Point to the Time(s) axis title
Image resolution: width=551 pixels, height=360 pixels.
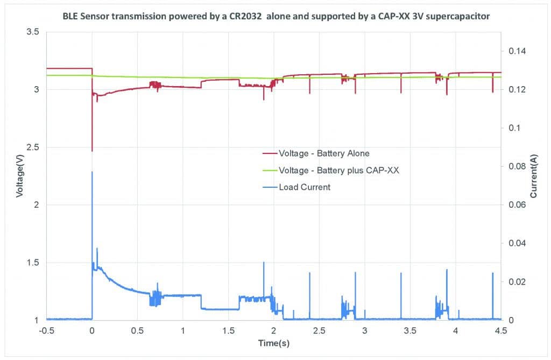point(274,343)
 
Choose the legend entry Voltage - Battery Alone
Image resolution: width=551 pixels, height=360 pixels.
point(324,153)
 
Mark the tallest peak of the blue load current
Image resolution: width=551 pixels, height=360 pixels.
point(92,172)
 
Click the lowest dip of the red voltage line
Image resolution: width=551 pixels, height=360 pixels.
point(92,151)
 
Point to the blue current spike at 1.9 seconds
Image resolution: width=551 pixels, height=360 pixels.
point(264,263)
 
